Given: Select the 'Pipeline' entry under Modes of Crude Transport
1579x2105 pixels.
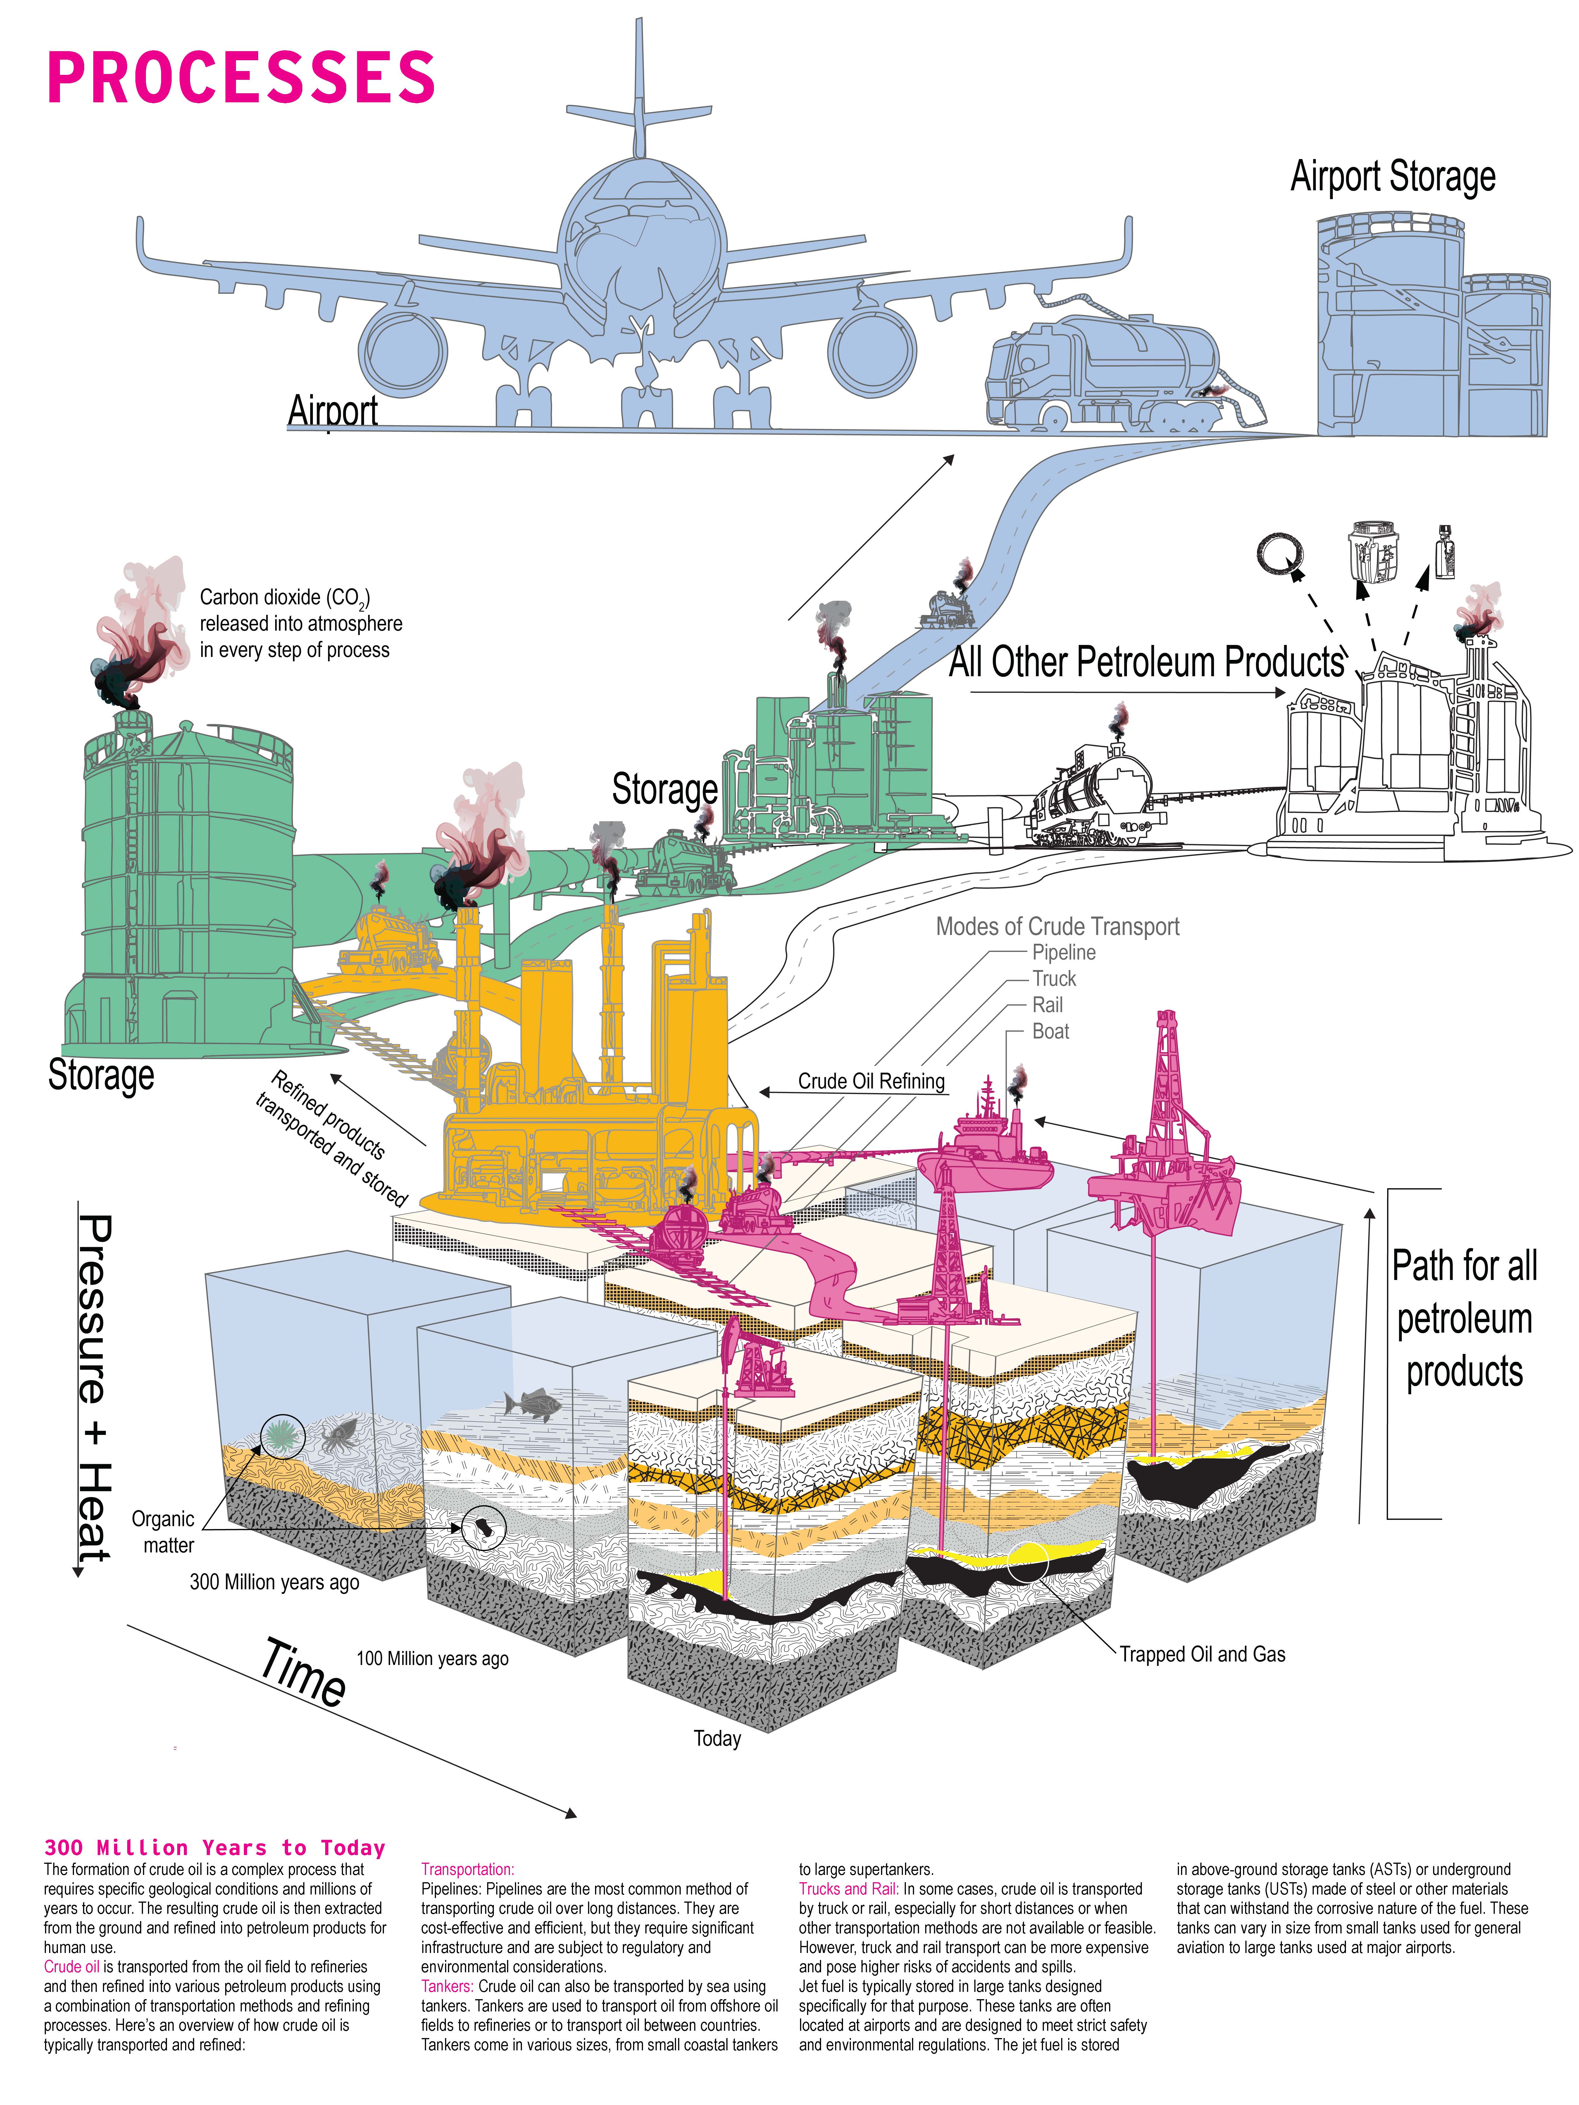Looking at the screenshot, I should coord(1063,953).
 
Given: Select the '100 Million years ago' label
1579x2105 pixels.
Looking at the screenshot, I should coord(432,1659).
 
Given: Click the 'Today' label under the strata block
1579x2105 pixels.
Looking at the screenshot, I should coord(717,1739).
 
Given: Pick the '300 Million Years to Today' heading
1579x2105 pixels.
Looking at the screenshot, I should coord(214,1848).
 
